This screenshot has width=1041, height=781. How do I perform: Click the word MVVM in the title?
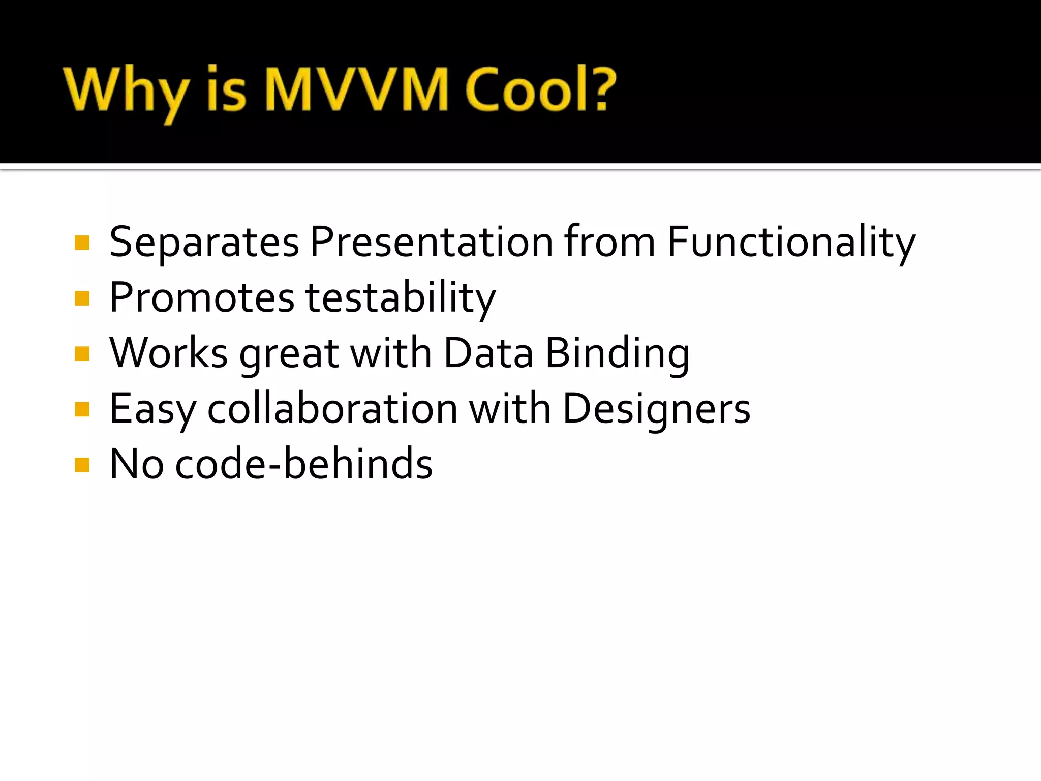356,89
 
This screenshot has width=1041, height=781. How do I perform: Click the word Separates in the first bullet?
204,242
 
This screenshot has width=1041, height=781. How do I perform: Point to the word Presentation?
432,242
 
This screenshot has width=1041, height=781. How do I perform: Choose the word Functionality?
791,242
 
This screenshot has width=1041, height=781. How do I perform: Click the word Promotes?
202,298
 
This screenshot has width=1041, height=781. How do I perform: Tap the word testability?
400,298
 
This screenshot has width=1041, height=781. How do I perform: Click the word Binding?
618,354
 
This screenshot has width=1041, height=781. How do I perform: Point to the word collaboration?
332,409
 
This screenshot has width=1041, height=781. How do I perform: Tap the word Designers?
656,410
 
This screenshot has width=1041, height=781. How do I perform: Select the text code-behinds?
304,464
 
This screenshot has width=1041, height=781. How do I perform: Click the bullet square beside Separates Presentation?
82,243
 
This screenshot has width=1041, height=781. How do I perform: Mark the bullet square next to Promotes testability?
82,298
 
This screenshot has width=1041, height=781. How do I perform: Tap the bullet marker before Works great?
82,354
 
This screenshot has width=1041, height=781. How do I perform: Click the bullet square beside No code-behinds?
82,465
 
